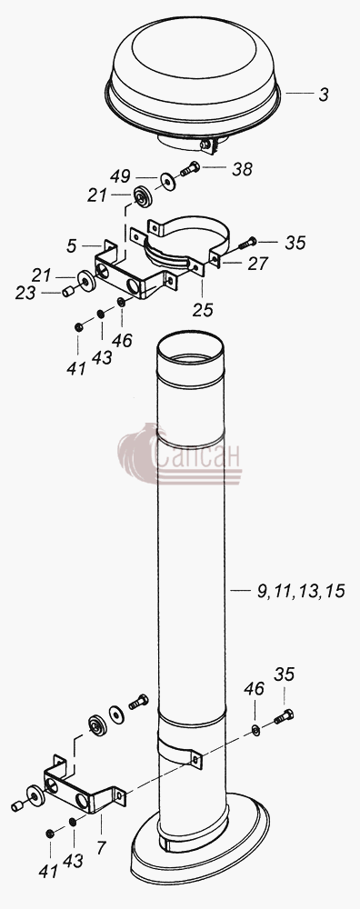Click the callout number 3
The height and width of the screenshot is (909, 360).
click(x=324, y=94)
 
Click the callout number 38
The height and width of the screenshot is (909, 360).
click(x=243, y=169)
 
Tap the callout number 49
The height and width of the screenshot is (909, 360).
click(x=121, y=176)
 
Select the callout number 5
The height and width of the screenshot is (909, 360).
click(x=71, y=245)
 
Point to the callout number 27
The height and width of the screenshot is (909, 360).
click(x=257, y=264)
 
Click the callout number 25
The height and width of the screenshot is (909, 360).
click(x=203, y=310)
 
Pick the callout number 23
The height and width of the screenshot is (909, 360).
click(x=25, y=294)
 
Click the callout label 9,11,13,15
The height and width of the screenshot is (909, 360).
click(x=300, y=591)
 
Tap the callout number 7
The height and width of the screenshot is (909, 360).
click(x=102, y=848)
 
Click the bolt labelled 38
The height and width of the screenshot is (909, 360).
click(x=190, y=170)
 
